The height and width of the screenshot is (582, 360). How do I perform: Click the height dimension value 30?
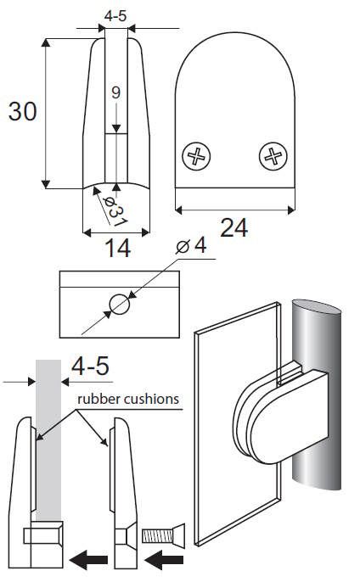[x=23, y=111]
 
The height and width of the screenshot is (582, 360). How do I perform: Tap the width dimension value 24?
[x=234, y=227]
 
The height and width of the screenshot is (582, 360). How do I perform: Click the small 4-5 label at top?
[x=116, y=14]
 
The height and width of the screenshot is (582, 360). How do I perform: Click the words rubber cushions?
[x=127, y=398]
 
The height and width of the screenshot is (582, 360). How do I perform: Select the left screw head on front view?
[x=196, y=156]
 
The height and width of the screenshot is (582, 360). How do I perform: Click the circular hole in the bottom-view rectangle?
[x=120, y=304]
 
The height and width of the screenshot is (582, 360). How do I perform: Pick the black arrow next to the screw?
[x=166, y=560]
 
